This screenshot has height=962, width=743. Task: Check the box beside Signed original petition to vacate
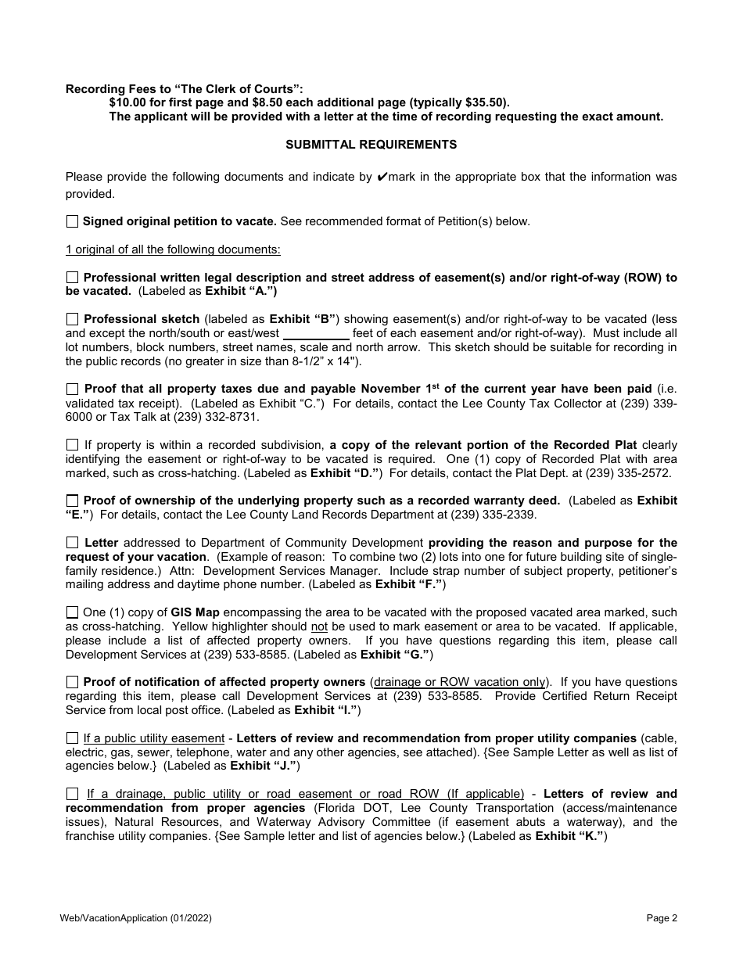click(72, 221)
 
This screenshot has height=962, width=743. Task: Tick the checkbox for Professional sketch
click(72, 319)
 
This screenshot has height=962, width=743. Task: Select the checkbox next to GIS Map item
click(72, 612)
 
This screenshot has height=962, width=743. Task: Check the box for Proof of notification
click(72, 682)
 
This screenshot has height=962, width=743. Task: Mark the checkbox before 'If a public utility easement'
click(72, 738)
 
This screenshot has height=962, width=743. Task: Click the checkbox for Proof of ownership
click(72, 501)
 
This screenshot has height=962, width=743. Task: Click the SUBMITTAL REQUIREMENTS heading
click(371, 145)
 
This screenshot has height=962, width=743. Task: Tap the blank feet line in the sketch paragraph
click(315, 333)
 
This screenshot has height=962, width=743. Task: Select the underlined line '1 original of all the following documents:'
click(173, 249)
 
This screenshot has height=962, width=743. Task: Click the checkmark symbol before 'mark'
click(382, 177)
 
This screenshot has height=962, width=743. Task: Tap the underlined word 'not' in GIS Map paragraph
click(318, 627)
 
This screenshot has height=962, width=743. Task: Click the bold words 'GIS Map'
click(196, 612)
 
